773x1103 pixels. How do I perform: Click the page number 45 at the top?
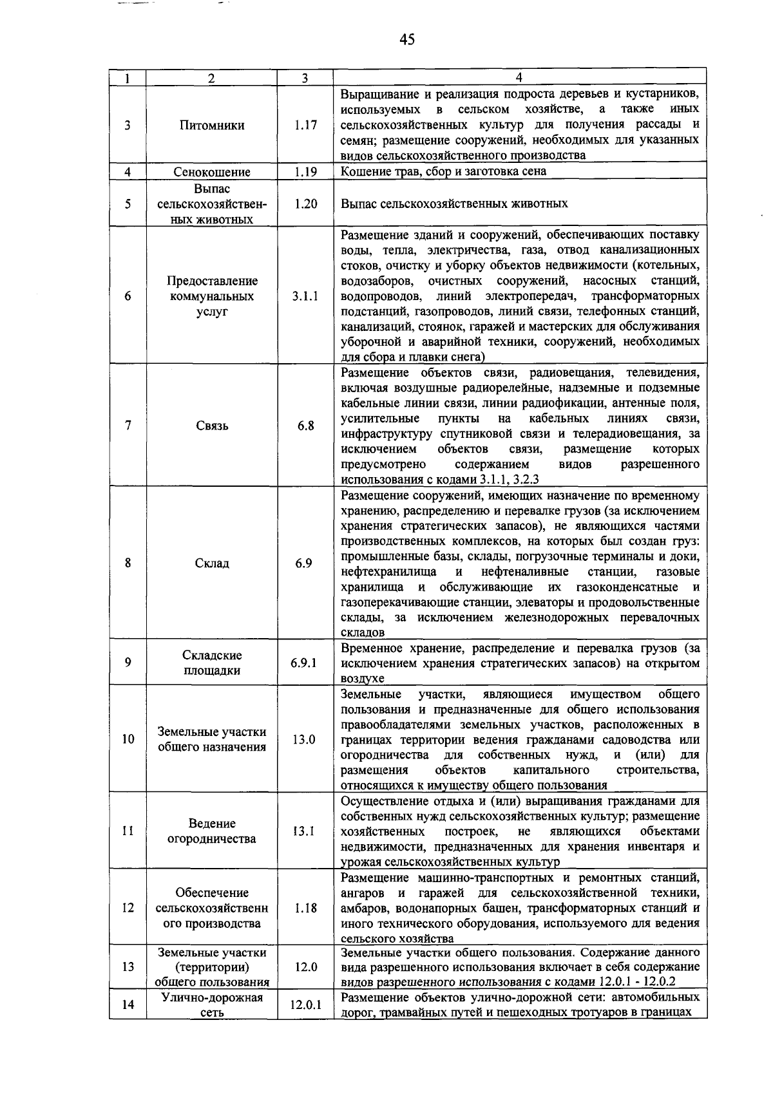(406, 40)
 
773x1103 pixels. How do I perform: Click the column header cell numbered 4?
(519, 77)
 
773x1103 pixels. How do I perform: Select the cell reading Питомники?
(212, 126)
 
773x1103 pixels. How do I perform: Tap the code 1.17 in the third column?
(305, 126)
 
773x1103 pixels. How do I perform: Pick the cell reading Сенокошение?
(212, 172)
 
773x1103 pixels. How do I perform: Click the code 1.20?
(305, 203)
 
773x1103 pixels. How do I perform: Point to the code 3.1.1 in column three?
(305, 296)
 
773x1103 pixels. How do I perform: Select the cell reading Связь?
(212, 426)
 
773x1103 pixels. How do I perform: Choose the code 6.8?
(305, 426)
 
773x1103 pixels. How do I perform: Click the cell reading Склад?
(212, 563)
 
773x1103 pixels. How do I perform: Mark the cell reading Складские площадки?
(212, 663)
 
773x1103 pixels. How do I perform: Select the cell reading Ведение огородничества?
(212, 831)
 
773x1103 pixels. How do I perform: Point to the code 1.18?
(305, 908)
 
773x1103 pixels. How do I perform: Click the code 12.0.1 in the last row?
(305, 1004)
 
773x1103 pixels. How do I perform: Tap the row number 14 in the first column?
(128, 1004)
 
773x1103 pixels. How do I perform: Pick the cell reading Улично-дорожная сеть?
(212, 1004)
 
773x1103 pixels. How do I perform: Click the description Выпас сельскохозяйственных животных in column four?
(454, 203)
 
